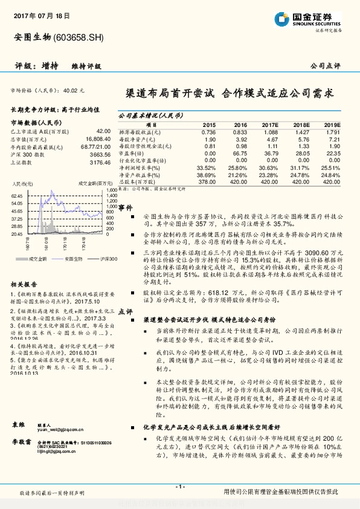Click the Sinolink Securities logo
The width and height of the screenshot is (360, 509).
304,19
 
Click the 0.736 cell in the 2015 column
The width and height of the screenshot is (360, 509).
208,131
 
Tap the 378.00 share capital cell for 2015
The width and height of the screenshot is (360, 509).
207,181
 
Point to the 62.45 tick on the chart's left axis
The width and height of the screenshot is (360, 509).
17,196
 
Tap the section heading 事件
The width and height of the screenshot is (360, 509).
125,207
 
